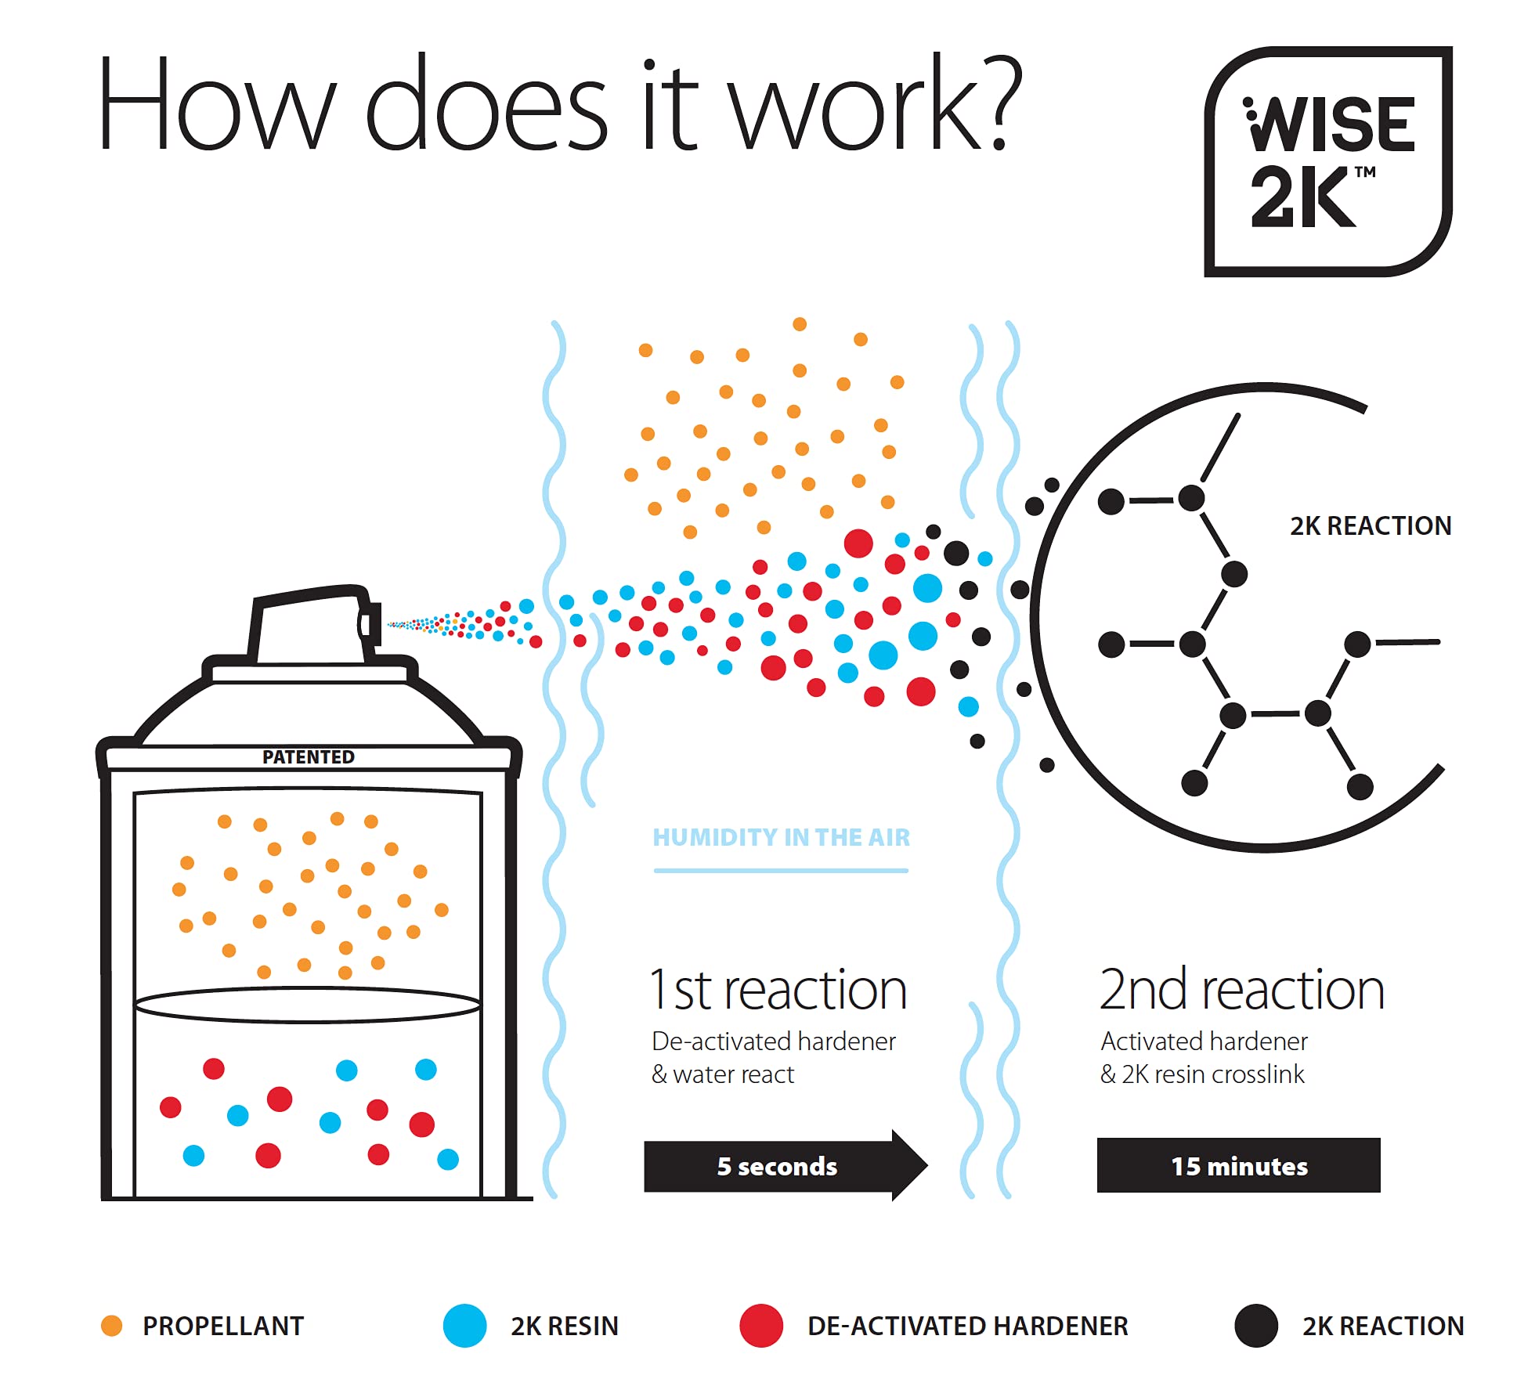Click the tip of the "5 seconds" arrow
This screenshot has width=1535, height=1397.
928,1165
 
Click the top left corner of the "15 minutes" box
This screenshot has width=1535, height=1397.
1097,1139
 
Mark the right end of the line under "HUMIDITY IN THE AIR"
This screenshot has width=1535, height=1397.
908,870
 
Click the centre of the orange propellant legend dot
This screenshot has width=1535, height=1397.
112,1326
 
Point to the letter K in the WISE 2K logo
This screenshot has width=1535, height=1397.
1324,197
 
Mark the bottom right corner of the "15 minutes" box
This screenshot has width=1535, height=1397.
1381,1193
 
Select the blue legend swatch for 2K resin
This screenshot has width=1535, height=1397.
465,1326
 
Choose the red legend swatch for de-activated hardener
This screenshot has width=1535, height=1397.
761,1326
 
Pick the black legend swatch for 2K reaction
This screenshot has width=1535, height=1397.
1256,1326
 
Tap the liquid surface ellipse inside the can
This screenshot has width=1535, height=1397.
308,1005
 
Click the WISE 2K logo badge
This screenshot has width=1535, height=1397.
1328,161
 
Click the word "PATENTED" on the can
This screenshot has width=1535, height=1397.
309,757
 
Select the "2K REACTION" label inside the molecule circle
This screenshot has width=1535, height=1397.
1371,525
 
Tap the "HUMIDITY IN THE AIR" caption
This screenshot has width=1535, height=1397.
782,838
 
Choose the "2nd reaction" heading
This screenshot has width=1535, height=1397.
1242,990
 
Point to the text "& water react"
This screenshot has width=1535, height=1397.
723,1074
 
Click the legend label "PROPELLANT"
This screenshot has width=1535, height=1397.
223,1326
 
